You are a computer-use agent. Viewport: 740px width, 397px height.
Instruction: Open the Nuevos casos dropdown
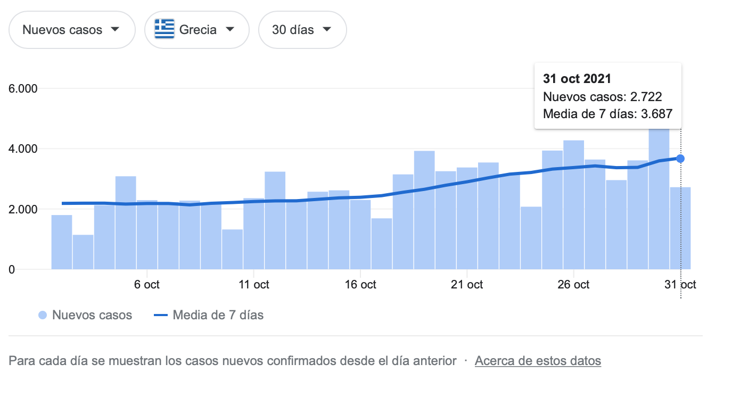[x=72, y=30]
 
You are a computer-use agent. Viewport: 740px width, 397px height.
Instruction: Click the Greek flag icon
[x=165, y=29]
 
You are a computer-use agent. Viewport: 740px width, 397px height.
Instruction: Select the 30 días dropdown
[x=302, y=30]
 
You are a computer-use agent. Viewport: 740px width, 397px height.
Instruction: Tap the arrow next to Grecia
[x=230, y=29]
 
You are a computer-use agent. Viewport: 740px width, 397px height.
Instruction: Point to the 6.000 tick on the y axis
[x=23, y=88]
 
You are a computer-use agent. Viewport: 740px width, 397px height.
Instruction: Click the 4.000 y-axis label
[x=23, y=148]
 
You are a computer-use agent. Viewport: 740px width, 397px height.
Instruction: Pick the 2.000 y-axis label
[x=23, y=209]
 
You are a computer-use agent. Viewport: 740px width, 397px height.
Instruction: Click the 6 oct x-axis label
[x=147, y=284]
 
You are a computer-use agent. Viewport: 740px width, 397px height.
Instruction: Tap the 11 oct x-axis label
[x=254, y=284]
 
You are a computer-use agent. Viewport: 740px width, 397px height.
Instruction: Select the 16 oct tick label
[x=360, y=284]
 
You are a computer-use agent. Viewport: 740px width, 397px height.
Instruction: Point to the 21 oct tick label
[x=467, y=284]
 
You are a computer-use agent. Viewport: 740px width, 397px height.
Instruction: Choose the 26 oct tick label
[x=573, y=284]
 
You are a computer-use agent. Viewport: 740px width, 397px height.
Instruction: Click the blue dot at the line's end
[x=680, y=159]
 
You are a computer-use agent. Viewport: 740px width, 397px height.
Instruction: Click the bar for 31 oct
[x=680, y=228]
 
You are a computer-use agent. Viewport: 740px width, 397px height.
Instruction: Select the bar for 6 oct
[x=147, y=235]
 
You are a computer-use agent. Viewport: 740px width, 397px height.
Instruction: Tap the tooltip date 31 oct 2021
[x=577, y=79]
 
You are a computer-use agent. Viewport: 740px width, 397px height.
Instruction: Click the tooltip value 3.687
[x=657, y=114]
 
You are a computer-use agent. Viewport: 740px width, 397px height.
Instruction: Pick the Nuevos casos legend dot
[x=43, y=315]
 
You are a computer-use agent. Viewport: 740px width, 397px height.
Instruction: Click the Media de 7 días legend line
[x=161, y=315]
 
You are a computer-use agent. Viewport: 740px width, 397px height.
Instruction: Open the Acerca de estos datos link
[x=538, y=361]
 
